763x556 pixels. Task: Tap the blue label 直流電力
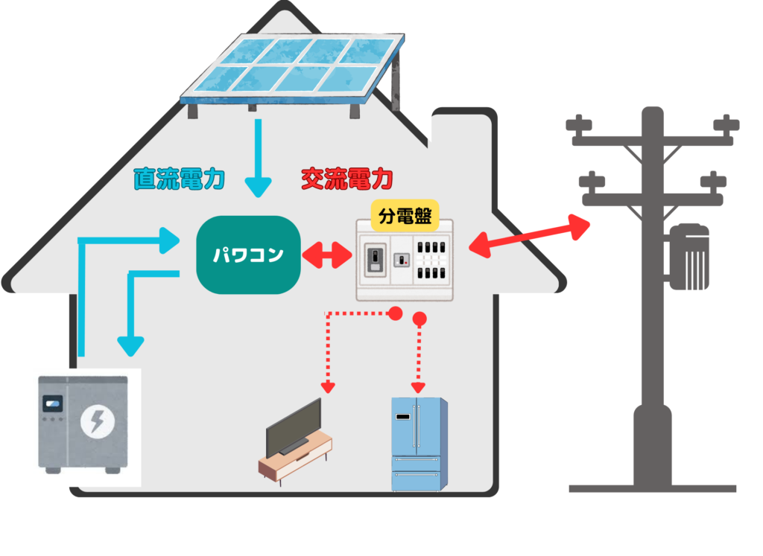pos(180,179)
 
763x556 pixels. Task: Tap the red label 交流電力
pos(346,179)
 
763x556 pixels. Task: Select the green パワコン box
pos(248,255)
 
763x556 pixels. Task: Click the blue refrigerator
pos(419,444)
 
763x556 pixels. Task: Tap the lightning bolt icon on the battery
pos(97,423)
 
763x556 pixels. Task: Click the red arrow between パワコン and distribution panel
pos(328,255)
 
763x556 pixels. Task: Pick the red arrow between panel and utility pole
pos(529,236)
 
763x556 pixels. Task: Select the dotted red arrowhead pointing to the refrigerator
pos(418,387)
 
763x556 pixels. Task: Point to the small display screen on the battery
pos(53,406)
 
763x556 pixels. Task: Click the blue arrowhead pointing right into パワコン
pos(170,240)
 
